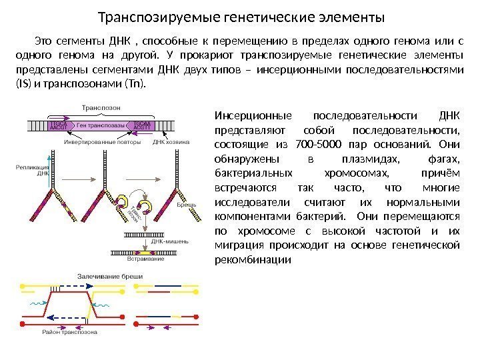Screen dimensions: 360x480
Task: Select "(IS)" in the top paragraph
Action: point(23,85)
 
